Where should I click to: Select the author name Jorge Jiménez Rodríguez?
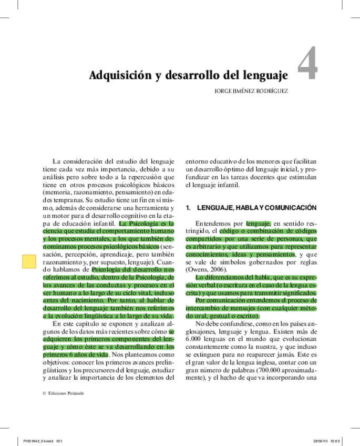251,90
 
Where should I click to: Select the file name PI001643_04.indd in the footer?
35,441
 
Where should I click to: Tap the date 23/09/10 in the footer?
320,441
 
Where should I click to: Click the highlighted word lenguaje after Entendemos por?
258,224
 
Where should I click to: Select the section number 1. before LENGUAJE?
188,208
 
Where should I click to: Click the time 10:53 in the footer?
336,441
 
